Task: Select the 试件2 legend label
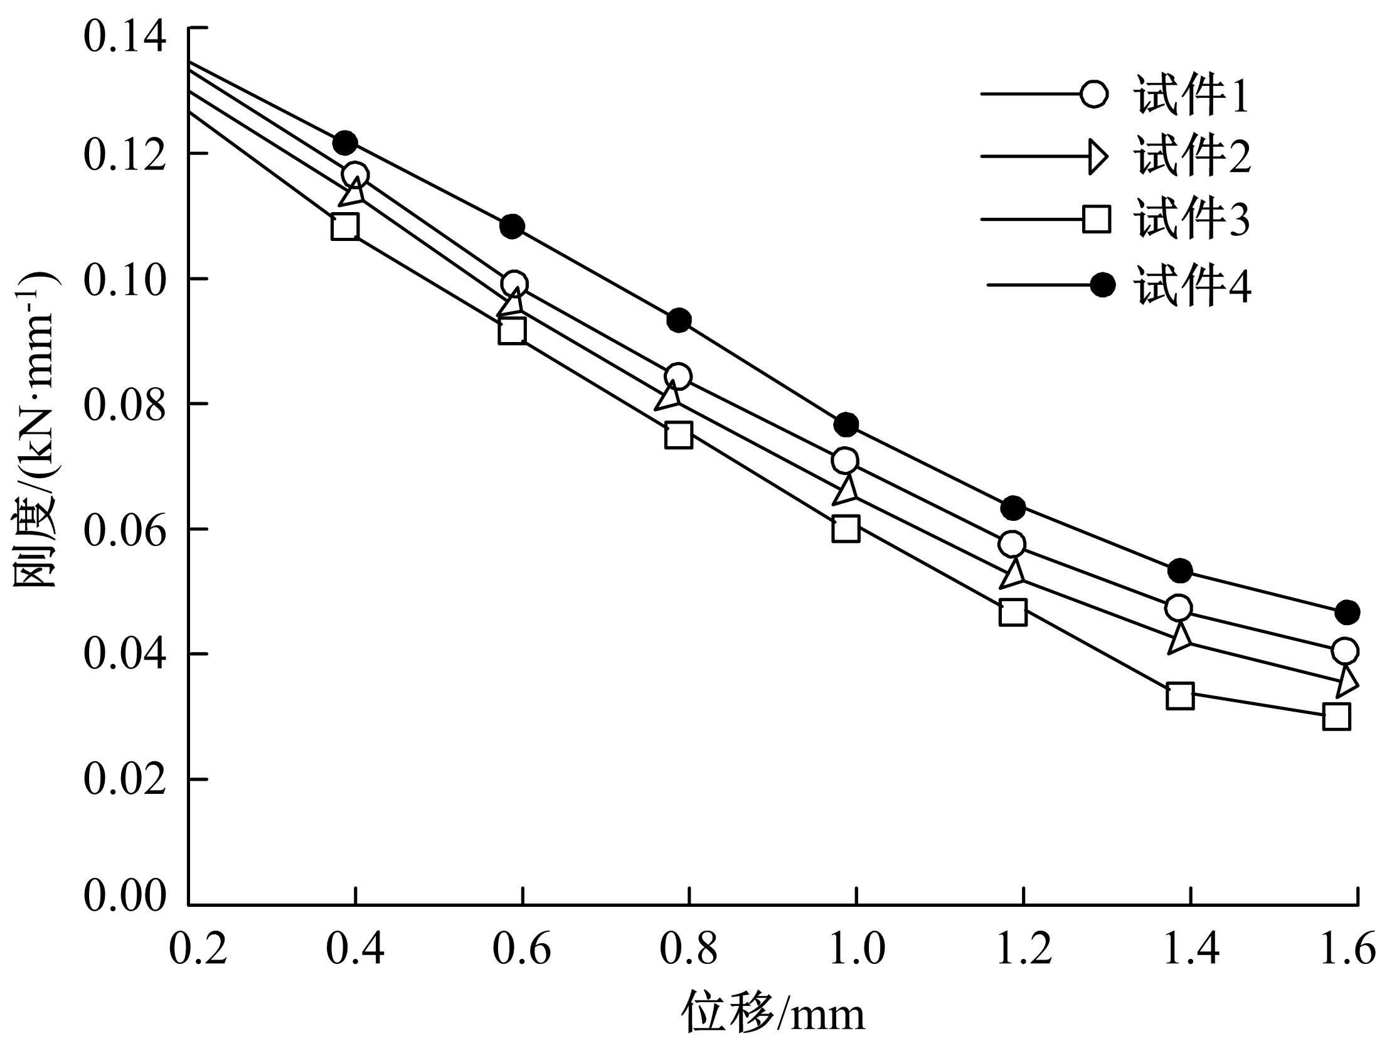point(1191,157)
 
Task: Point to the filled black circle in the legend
point(1102,286)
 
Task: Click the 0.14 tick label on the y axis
point(125,36)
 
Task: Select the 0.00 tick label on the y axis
point(125,895)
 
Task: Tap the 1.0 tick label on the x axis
point(856,949)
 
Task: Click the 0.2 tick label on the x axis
point(198,949)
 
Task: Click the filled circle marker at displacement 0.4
point(345,143)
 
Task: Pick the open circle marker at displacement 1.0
point(845,461)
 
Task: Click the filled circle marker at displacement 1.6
point(1347,612)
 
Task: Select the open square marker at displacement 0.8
point(678,434)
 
